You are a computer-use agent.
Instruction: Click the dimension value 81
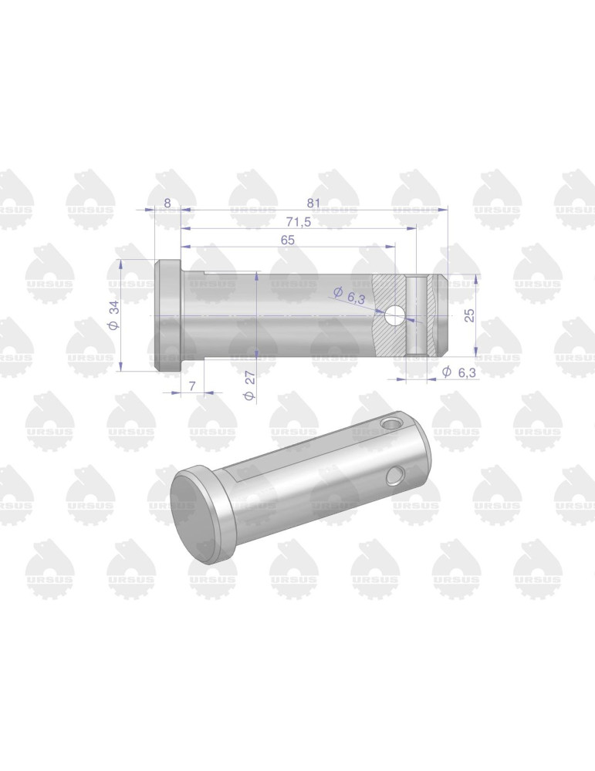point(313,203)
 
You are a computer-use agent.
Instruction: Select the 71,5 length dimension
point(299,222)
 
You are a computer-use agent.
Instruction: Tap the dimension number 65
point(287,240)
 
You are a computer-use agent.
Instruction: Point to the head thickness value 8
point(167,203)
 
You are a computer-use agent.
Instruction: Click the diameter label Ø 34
point(113,315)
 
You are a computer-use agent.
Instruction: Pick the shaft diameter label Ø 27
point(250,385)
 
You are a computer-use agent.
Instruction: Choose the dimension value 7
point(192,386)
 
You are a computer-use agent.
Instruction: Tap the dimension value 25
point(470,315)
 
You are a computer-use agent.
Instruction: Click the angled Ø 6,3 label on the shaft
point(349,296)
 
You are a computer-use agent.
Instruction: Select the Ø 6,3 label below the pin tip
point(459,372)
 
